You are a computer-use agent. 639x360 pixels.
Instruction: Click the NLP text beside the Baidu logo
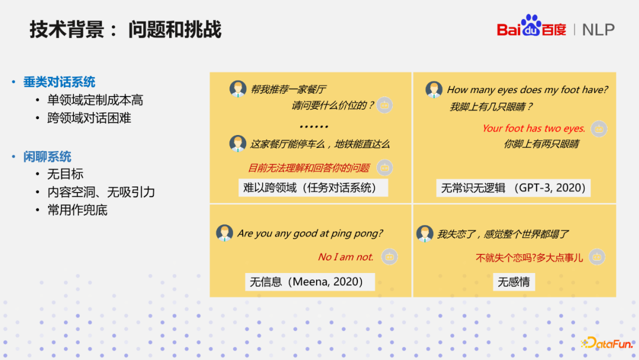click(x=598, y=30)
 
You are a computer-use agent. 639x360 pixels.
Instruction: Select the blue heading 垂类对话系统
click(x=59, y=82)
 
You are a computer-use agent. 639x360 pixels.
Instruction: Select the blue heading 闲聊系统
click(x=47, y=157)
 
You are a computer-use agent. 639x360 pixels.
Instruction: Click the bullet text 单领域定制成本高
click(x=95, y=101)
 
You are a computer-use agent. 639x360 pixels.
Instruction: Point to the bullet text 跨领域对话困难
click(x=89, y=118)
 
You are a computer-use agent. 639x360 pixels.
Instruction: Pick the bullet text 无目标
click(x=65, y=174)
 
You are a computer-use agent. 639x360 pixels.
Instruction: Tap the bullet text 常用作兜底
click(x=78, y=210)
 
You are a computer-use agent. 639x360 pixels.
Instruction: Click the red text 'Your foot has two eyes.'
click(x=533, y=128)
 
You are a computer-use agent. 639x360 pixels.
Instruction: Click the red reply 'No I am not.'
click(x=346, y=257)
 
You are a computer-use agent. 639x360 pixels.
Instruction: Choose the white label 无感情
click(x=513, y=282)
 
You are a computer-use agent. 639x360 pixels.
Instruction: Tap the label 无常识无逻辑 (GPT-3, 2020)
click(x=513, y=188)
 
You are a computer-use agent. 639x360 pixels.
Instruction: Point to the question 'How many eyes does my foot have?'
click(x=527, y=90)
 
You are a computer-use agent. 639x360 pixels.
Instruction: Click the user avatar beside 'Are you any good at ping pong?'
click(x=225, y=233)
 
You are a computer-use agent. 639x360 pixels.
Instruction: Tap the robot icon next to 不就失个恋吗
click(x=598, y=257)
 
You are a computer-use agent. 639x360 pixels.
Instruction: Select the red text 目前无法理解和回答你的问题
click(x=308, y=168)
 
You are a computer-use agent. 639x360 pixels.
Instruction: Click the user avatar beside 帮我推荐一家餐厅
click(x=238, y=89)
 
